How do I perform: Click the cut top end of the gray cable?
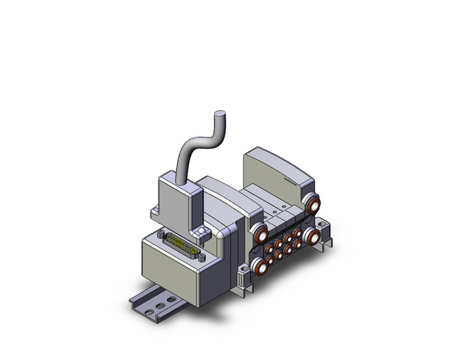point(220,113)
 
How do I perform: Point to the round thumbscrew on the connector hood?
point(201,231)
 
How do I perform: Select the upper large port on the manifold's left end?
point(260,235)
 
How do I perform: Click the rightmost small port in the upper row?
point(297,232)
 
